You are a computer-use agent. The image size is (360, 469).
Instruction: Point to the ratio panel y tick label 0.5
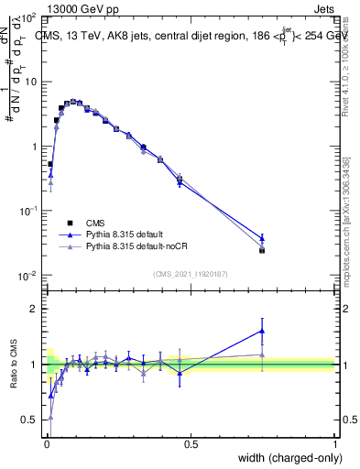pyautogui.click(x=28, y=420)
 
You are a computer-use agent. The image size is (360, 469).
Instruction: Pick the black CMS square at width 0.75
pyautogui.click(x=262, y=250)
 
